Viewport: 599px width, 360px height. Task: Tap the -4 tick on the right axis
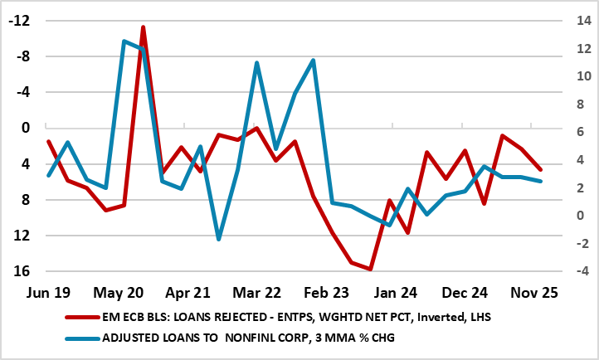575,271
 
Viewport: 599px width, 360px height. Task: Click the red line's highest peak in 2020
143,27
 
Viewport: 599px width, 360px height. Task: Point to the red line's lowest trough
370,269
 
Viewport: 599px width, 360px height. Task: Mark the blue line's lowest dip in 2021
219,239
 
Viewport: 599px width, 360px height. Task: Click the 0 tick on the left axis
25,128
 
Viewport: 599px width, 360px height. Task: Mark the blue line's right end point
541,181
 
